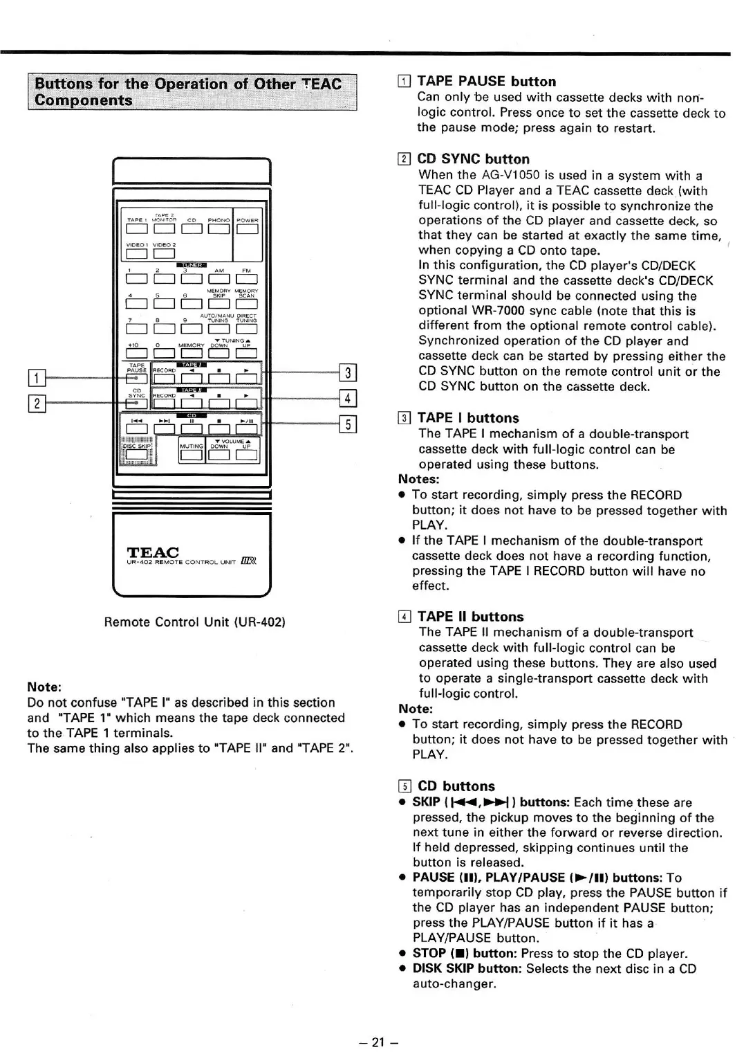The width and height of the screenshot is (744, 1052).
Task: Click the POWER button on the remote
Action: click(247, 230)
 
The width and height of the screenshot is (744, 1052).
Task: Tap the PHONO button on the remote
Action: click(218, 230)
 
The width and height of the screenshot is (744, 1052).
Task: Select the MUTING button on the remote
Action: click(190, 455)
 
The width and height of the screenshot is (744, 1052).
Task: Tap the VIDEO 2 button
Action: click(164, 254)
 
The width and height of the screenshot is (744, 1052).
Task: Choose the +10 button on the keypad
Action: click(137, 354)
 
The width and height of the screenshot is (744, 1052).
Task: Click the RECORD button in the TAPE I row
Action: click(164, 378)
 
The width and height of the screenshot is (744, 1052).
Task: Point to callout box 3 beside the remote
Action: click(348, 373)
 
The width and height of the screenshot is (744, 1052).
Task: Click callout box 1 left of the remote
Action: click(36, 378)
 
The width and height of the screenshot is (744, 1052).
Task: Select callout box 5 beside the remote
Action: click(348, 424)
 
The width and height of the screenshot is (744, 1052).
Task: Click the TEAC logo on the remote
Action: click(153, 552)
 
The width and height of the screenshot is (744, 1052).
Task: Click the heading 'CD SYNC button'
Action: click(473, 159)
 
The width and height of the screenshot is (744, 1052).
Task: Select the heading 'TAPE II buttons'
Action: click(470, 617)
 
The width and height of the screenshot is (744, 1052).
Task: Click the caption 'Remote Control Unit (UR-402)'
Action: click(194, 622)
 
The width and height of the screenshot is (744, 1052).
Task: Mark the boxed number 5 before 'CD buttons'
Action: click(405, 786)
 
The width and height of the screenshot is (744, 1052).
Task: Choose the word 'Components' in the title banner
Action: click(83, 100)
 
